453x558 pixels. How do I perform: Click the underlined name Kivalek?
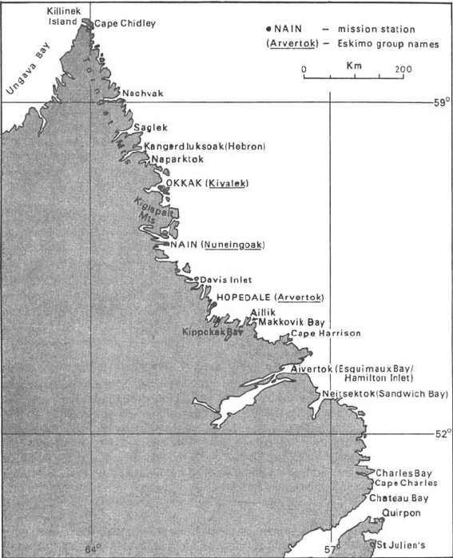[228, 184]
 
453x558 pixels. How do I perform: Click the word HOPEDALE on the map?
[244, 297]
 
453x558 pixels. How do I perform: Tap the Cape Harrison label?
[325, 333]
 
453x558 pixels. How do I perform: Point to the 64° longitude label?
[94, 549]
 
